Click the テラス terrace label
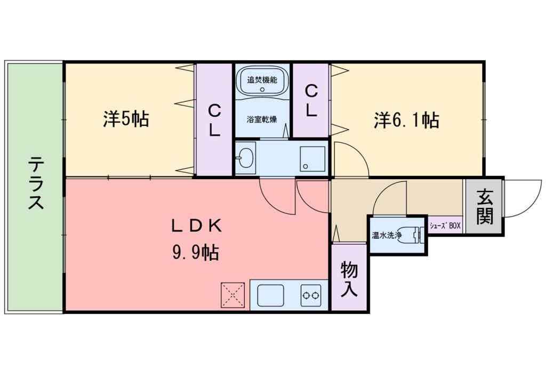point(35,183)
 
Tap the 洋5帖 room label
point(126,119)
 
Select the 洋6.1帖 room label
point(406,120)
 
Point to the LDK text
point(196,226)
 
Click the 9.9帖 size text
point(195,253)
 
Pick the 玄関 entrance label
point(484,207)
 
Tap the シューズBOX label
point(445,226)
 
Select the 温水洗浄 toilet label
point(386,234)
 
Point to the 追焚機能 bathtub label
point(262,81)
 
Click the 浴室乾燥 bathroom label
point(261,118)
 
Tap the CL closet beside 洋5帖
point(214,120)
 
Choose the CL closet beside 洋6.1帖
point(311,101)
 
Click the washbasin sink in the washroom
point(245,157)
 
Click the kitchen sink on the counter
point(270,295)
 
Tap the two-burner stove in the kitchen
point(311,295)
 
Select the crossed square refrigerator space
point(233,295)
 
